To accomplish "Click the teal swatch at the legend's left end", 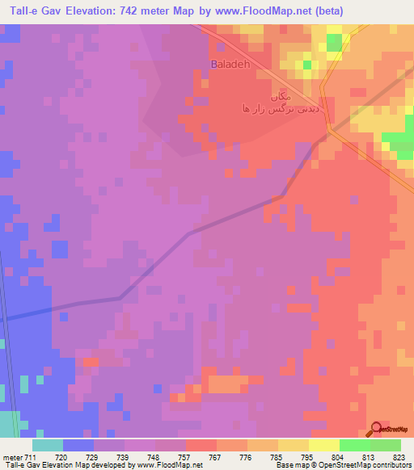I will tap(48, 445).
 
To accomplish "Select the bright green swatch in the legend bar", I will tap(355, 445).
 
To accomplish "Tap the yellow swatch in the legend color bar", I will tap(324, 445).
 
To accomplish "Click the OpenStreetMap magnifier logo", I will tap(378, 429).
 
